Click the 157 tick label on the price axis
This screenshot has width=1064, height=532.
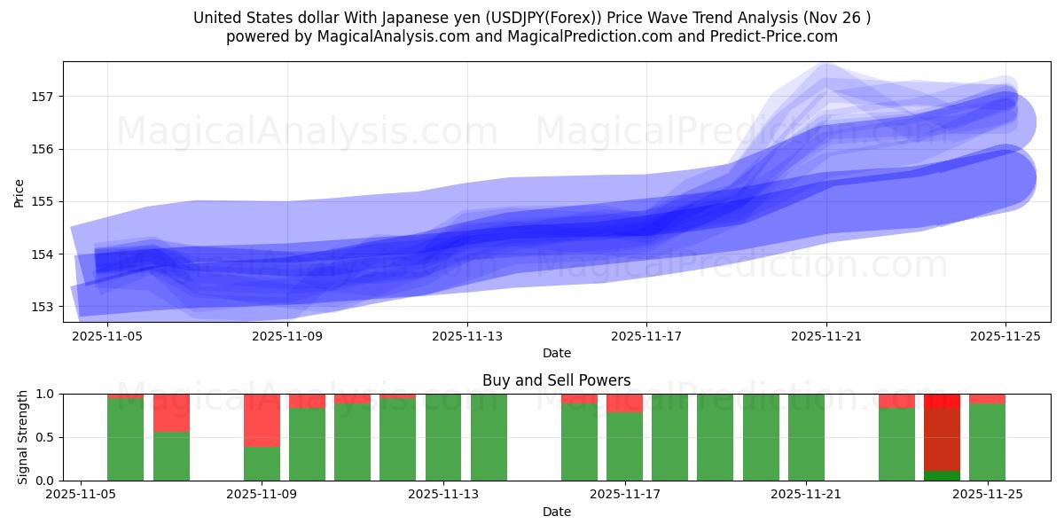click(x=44, y=96)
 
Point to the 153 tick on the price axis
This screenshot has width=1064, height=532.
click(x=44, y=307)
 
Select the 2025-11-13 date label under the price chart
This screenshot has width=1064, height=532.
click(x=467, y=336)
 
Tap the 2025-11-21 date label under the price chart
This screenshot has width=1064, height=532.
click(x=826, y=336)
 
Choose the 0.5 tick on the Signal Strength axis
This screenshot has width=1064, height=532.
click(x=44, y=437)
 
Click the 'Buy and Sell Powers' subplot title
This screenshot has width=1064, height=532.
click(x=556, y=380)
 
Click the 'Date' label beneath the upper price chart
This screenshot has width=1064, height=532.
click(x=556, y=353)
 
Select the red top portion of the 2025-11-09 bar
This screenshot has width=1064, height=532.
click(x=262, y=420)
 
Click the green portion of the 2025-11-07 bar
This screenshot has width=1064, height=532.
click(x=171, y=457)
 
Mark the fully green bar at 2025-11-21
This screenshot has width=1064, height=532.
click(x=806, y=437)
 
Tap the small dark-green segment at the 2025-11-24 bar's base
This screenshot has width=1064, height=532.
click(x=942, y=476)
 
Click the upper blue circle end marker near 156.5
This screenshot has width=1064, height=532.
click(x=1006, y=122)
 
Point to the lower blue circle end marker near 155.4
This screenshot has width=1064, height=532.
click(x=1006, y=179)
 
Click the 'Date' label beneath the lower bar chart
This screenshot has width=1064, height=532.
click(x=556, y=512)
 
